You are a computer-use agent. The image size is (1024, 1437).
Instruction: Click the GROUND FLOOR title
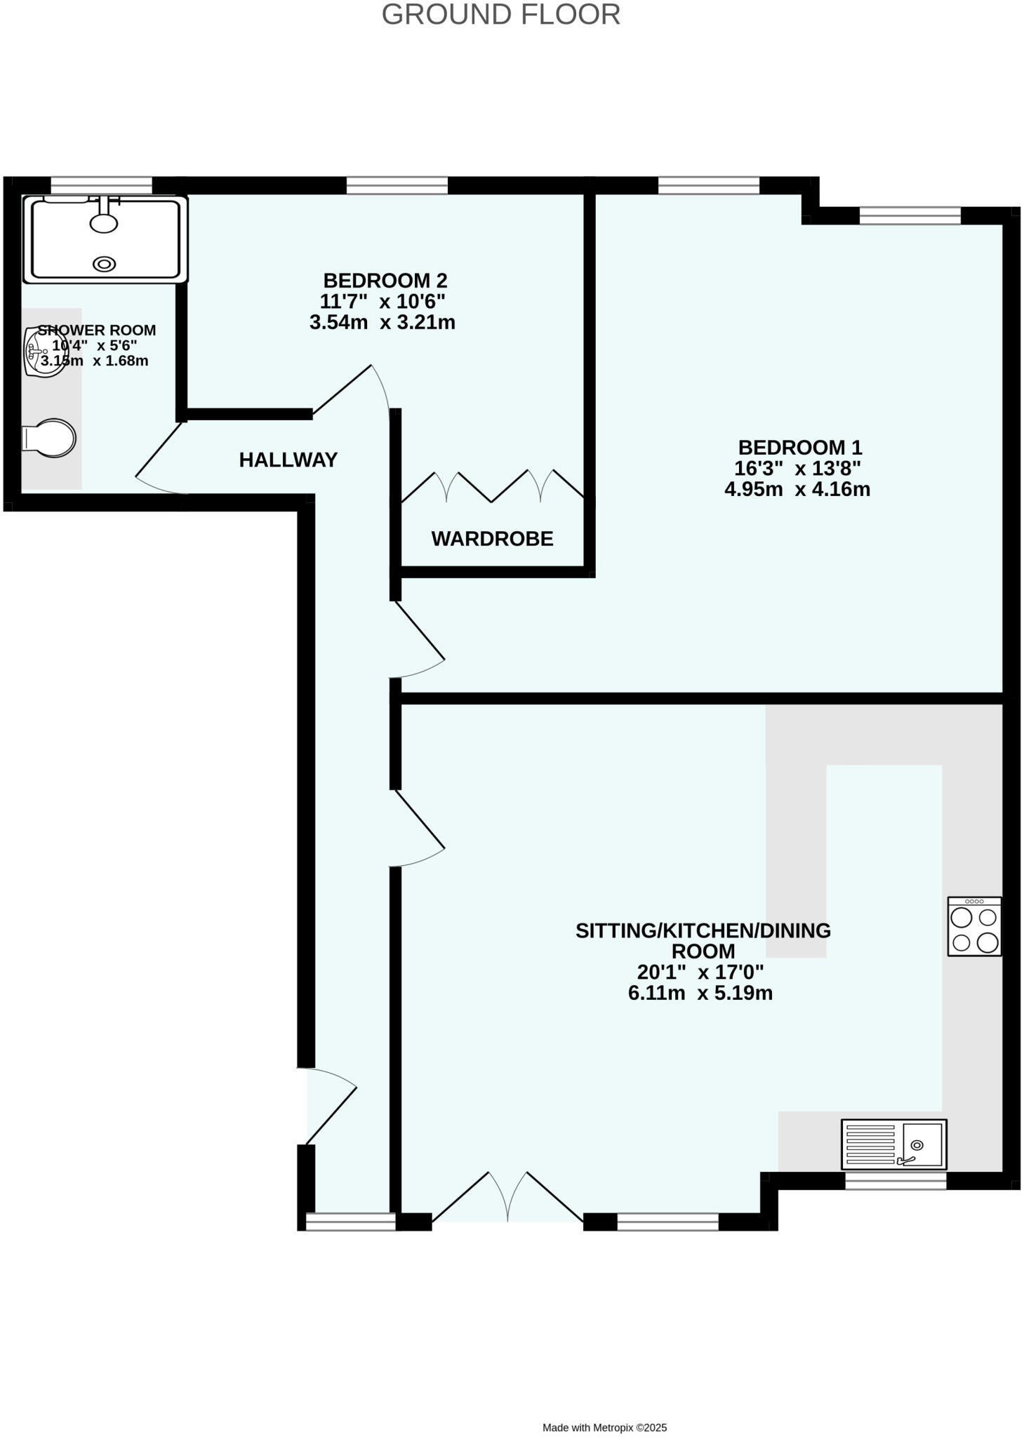pos(500,15)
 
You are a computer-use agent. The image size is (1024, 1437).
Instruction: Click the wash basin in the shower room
pos(44,352)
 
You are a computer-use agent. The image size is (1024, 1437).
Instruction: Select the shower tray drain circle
pos(105,264)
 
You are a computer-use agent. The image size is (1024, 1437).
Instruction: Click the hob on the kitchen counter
pos(974,926)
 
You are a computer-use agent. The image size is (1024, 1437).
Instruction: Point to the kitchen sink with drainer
pos(893,1144)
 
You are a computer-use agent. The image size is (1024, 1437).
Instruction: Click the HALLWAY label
pos(288,460)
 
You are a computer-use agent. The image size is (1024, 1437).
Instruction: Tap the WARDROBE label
pos(492,539)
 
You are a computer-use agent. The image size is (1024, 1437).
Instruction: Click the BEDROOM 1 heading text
pos(799,448)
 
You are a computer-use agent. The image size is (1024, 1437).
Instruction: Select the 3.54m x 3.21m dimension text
pos(383,323)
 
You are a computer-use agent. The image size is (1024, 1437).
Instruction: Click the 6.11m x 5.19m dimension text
pos(700,994)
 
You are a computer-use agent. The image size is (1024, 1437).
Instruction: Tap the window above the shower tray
pos(101,185)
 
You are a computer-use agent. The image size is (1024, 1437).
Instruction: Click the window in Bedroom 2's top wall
pos(397,185)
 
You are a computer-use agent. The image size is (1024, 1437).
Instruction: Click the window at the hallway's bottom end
pos(351,1222)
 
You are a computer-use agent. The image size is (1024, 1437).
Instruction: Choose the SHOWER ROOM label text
pos(97,330)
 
